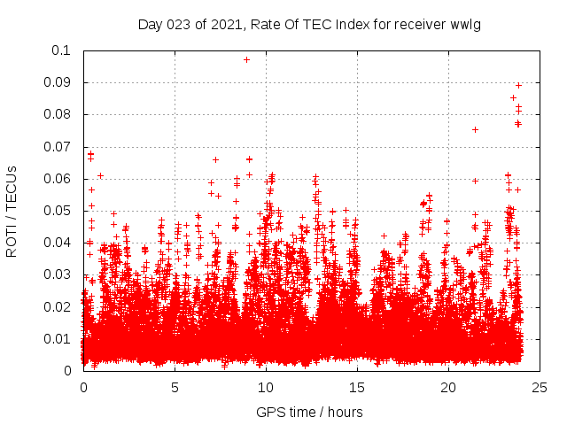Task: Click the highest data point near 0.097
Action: coord(246,60)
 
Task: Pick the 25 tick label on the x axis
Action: coord(540,387)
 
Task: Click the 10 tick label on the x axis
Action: coord(266,387)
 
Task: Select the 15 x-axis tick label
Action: coord(357,387)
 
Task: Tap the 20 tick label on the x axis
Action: coord(448,387)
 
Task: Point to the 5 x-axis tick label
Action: coord(175,387)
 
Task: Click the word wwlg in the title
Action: coord(465,24)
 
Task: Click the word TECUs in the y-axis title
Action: coord(12,187)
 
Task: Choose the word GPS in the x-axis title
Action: coord(269,412)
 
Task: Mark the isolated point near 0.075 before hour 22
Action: coord(475,130)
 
